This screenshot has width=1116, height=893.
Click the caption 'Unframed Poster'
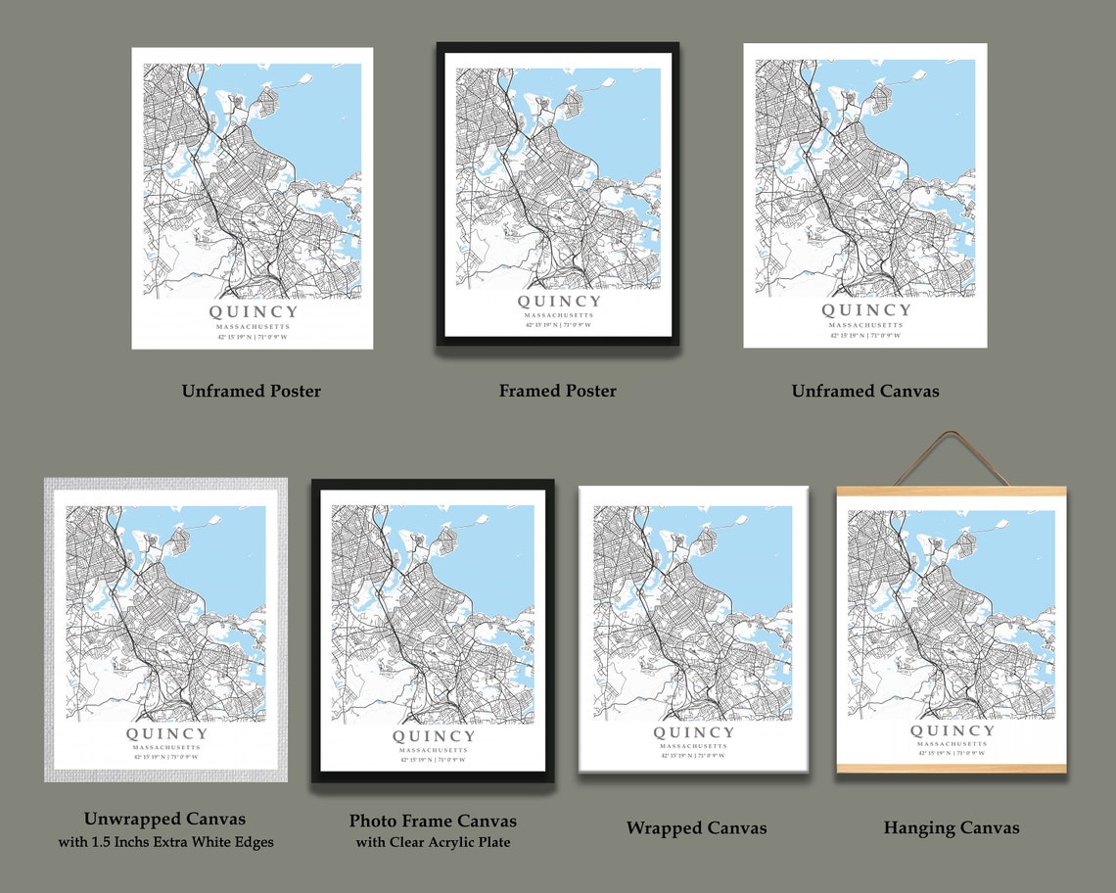pos(251,391)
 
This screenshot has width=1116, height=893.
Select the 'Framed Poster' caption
pos(557,391)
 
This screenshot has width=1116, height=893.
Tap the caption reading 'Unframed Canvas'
pos(864,391)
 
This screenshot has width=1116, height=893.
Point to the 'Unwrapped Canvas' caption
pos(164,819)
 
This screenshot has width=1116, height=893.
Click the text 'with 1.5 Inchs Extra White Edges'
pos(164,841)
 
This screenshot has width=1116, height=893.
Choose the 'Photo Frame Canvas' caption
pos(433,821)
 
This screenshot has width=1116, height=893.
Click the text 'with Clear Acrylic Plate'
pos(433,842)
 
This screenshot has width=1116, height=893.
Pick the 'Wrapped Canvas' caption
pos(696,828)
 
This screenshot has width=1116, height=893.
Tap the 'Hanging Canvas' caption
pos(951,828)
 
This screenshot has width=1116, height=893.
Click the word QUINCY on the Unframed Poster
pos(253,312)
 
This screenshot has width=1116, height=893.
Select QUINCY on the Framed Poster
pos(558,302)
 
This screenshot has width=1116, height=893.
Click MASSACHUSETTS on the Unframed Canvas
pos(865,325)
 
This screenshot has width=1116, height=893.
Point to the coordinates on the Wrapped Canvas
pos(693,755)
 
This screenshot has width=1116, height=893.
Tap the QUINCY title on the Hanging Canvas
pos(952,730)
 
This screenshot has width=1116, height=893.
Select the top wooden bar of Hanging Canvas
pos(952,491)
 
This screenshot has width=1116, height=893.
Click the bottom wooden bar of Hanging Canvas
pos(952,768)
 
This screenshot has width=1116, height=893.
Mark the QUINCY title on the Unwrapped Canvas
pos(166,734)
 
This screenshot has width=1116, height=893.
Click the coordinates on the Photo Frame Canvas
pos(433,759)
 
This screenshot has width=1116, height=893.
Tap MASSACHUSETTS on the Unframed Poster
pos(253,327)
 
